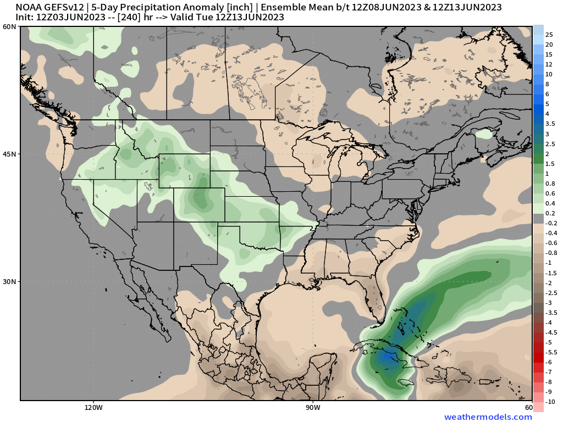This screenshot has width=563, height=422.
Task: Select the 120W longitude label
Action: [93, 408]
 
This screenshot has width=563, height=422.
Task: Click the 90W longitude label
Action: [313, 408]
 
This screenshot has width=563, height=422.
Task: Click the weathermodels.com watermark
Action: [488, 417]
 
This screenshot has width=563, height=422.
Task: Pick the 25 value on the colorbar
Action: [549, 35]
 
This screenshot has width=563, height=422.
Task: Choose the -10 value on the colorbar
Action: [550, 402]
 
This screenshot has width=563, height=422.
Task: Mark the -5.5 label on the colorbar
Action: [551, 352]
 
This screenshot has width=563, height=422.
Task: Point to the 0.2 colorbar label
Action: [550, 213]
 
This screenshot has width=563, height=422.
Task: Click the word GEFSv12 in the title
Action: [66, 7]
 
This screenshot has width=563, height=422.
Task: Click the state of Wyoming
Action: [184, 171]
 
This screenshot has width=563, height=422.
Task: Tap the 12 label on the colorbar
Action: [549, 64]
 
